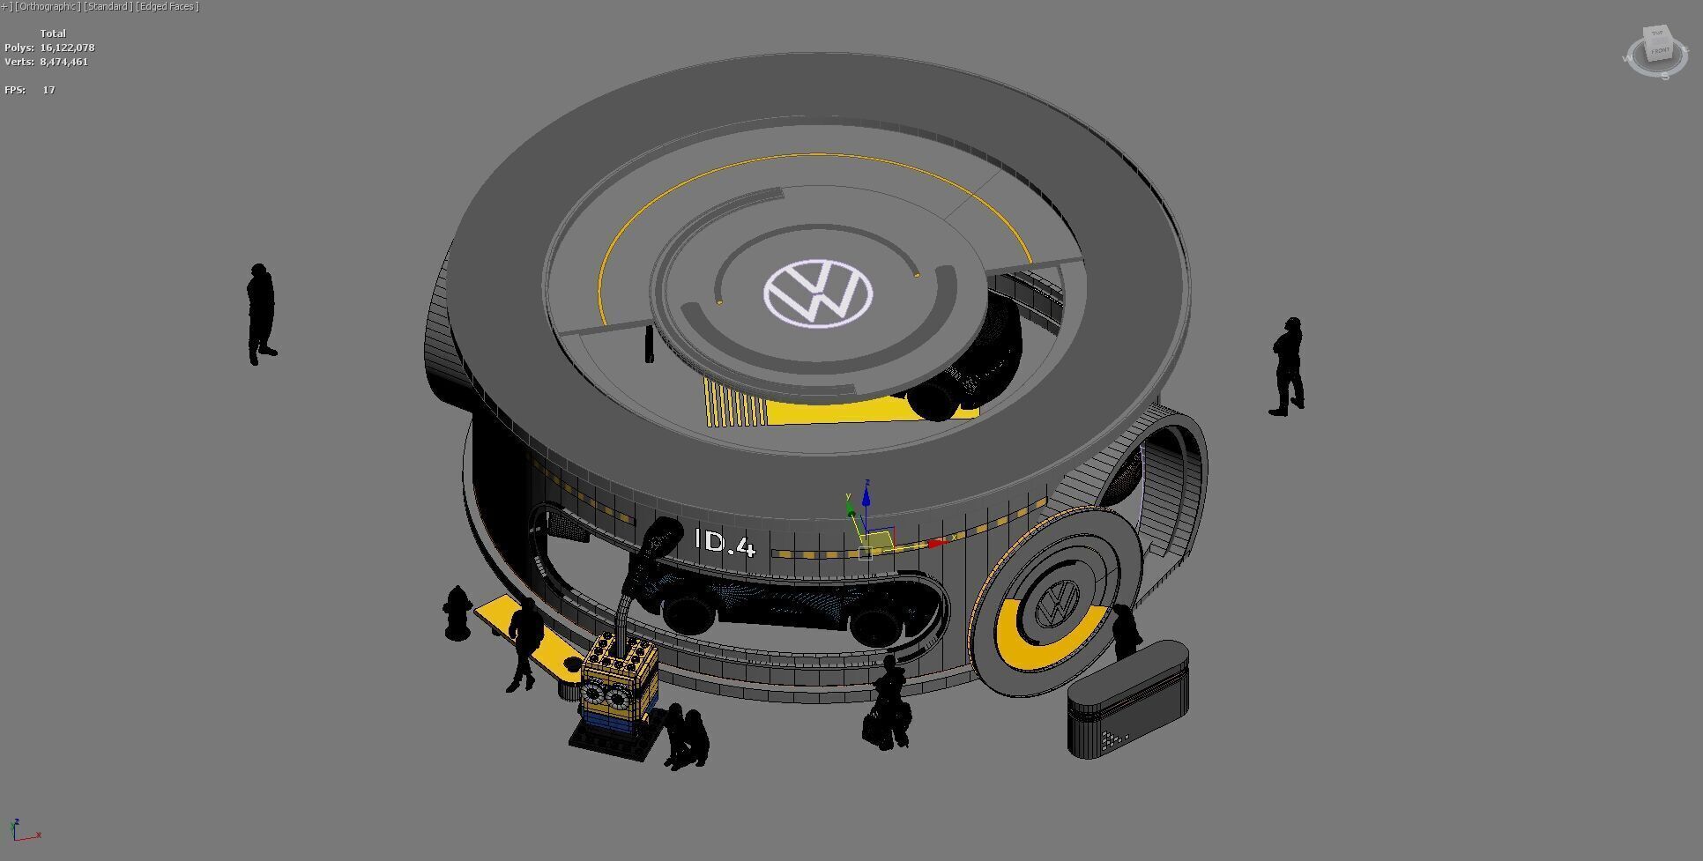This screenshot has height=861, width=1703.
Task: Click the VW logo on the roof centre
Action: [x=818, y=293]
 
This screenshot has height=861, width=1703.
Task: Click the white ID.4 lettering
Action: [x=725, y=542]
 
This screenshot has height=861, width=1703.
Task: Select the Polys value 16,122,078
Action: [x=67, y=48]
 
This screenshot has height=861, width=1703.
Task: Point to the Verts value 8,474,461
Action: [x=63, y=62]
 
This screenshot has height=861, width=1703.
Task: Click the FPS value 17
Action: [x=48, y=90]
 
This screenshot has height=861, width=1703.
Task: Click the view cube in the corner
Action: [x=1657, y=51]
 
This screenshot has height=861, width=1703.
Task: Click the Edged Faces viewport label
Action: [x=167, y=6]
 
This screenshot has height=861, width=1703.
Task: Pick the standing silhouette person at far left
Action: [x=260, y=313]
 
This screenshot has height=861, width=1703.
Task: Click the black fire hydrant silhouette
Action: [x=457, y=612]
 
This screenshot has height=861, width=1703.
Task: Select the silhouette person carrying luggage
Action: [x=889, y=705]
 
